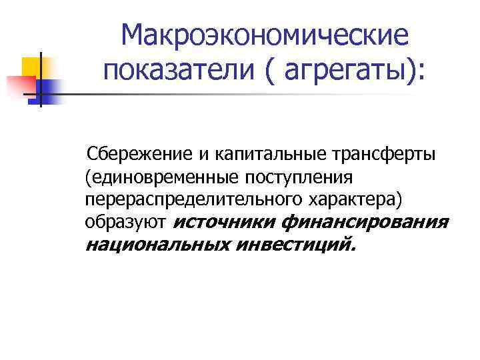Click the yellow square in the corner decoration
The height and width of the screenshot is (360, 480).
31,67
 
